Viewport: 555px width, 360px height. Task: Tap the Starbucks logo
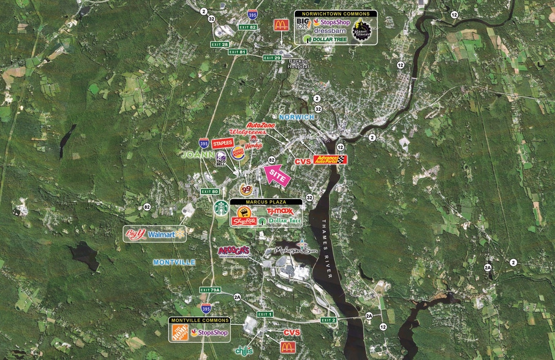221,208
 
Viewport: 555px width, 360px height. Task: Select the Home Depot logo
179,332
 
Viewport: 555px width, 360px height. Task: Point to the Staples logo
222,144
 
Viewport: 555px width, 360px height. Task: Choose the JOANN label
195,156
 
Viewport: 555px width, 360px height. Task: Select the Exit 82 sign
247,28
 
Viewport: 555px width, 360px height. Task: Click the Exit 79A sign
210,290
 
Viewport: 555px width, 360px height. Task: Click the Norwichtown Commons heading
335,13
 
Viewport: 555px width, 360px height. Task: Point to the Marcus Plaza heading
266,201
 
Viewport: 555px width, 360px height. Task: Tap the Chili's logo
244,350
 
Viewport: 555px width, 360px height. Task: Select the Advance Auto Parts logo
330,159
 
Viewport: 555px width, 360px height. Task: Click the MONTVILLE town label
174,262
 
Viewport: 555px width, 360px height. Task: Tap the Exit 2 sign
328,320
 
